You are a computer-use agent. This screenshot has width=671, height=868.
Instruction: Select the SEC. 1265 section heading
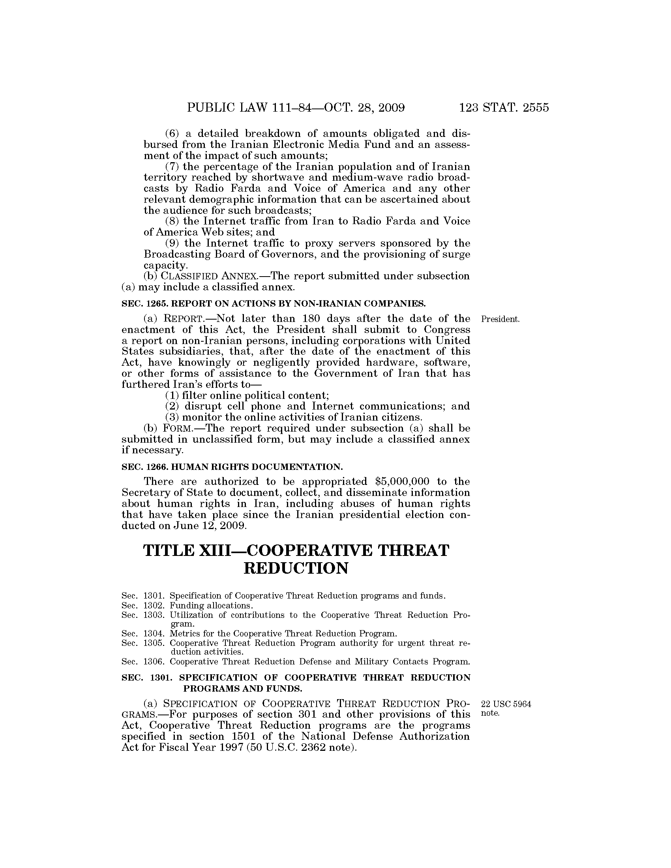(x=273, y=304)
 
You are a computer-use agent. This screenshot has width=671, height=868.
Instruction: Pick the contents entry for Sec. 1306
(x=295, y=662)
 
